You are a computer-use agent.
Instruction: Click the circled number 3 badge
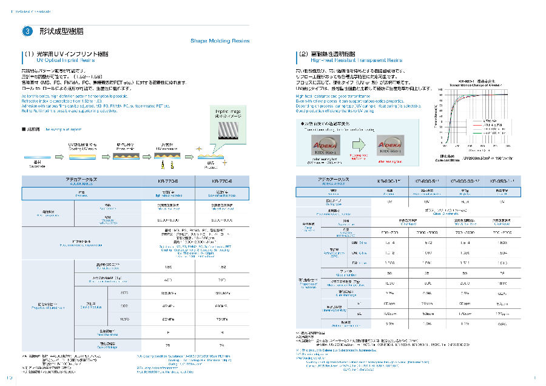pos(28,31)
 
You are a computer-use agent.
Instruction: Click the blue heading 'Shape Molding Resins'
pos(216,41)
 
